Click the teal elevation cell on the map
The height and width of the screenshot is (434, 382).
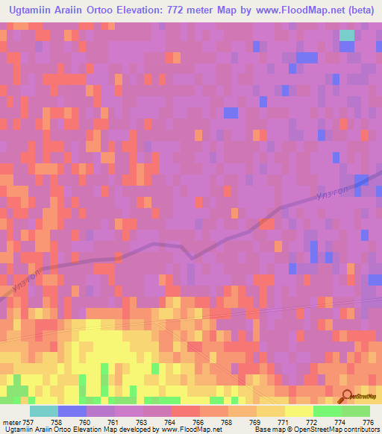[347, 34]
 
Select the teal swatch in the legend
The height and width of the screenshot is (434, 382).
[44, 412]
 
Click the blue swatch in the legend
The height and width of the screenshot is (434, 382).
[72, 412]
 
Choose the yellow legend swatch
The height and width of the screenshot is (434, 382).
[299, 412]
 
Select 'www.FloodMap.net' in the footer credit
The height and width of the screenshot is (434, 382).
[191, 430]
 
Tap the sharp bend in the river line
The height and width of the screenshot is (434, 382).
[192, 257]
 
